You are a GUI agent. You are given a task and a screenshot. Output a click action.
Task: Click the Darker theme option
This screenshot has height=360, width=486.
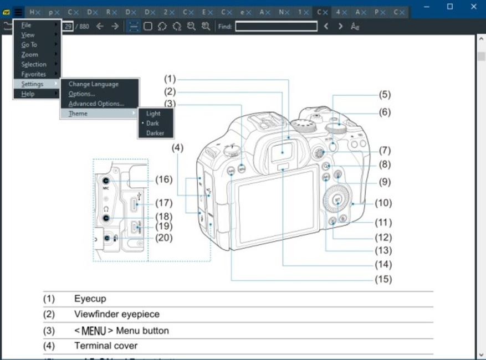click(x=155, y=133)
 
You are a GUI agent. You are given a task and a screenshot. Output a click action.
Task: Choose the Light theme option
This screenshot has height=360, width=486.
click(x=154, y=114)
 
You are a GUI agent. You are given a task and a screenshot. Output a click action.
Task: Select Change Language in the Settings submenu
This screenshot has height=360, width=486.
click(x=93, y=84)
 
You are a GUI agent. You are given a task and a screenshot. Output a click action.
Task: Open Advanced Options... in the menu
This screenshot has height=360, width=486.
click(x=96, y=104)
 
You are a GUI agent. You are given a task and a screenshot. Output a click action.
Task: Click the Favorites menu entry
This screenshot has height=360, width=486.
click(x=34, y=74)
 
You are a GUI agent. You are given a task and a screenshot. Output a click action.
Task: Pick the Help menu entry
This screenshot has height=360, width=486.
click(x=28, y=94)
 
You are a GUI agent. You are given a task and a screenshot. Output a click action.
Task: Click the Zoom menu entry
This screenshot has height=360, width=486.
click(x=30, y=55)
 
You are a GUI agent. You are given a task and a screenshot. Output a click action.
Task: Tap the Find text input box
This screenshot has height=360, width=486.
click(x=276, y=27)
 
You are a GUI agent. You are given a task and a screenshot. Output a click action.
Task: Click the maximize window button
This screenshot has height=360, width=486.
click(x=449, y=7)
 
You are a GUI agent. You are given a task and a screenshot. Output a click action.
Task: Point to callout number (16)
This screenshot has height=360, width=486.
click(x=163, y=179)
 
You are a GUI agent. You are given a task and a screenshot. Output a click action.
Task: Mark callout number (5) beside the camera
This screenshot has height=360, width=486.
click(x=385, y=94)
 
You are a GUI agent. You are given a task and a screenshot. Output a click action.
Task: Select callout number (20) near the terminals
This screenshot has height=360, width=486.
click(x=163, y=238)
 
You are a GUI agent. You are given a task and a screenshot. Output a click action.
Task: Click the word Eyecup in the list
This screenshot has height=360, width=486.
click(x=90, y=299)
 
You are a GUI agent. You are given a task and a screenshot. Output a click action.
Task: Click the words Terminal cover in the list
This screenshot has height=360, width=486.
click(x=106, y=346)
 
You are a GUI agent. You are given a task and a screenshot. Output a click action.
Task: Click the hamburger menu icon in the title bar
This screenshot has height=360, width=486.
click(x=18, y=11)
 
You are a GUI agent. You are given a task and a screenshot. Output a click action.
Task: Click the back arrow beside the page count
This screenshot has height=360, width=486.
click(x=100, y=27)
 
